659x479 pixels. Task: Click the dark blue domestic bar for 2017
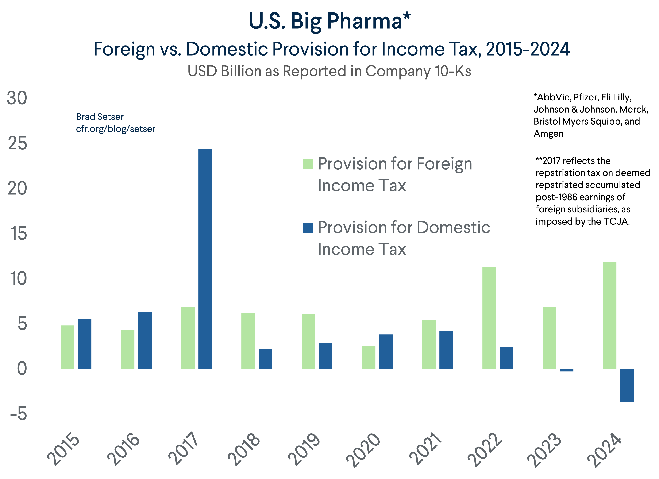(205, 259)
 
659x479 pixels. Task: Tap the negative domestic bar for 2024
(627, 385)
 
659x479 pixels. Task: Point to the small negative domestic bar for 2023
(566, 370)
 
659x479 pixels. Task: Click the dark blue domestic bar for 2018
(265, 359)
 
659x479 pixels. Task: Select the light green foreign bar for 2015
(68, 347)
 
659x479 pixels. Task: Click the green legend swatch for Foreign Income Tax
(308, 164)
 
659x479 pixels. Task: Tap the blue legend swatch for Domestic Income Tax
(308, 228)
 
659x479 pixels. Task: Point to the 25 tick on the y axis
(18, 143)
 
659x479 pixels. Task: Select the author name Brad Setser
(100, 117)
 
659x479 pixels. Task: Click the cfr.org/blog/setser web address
(116, 129)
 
